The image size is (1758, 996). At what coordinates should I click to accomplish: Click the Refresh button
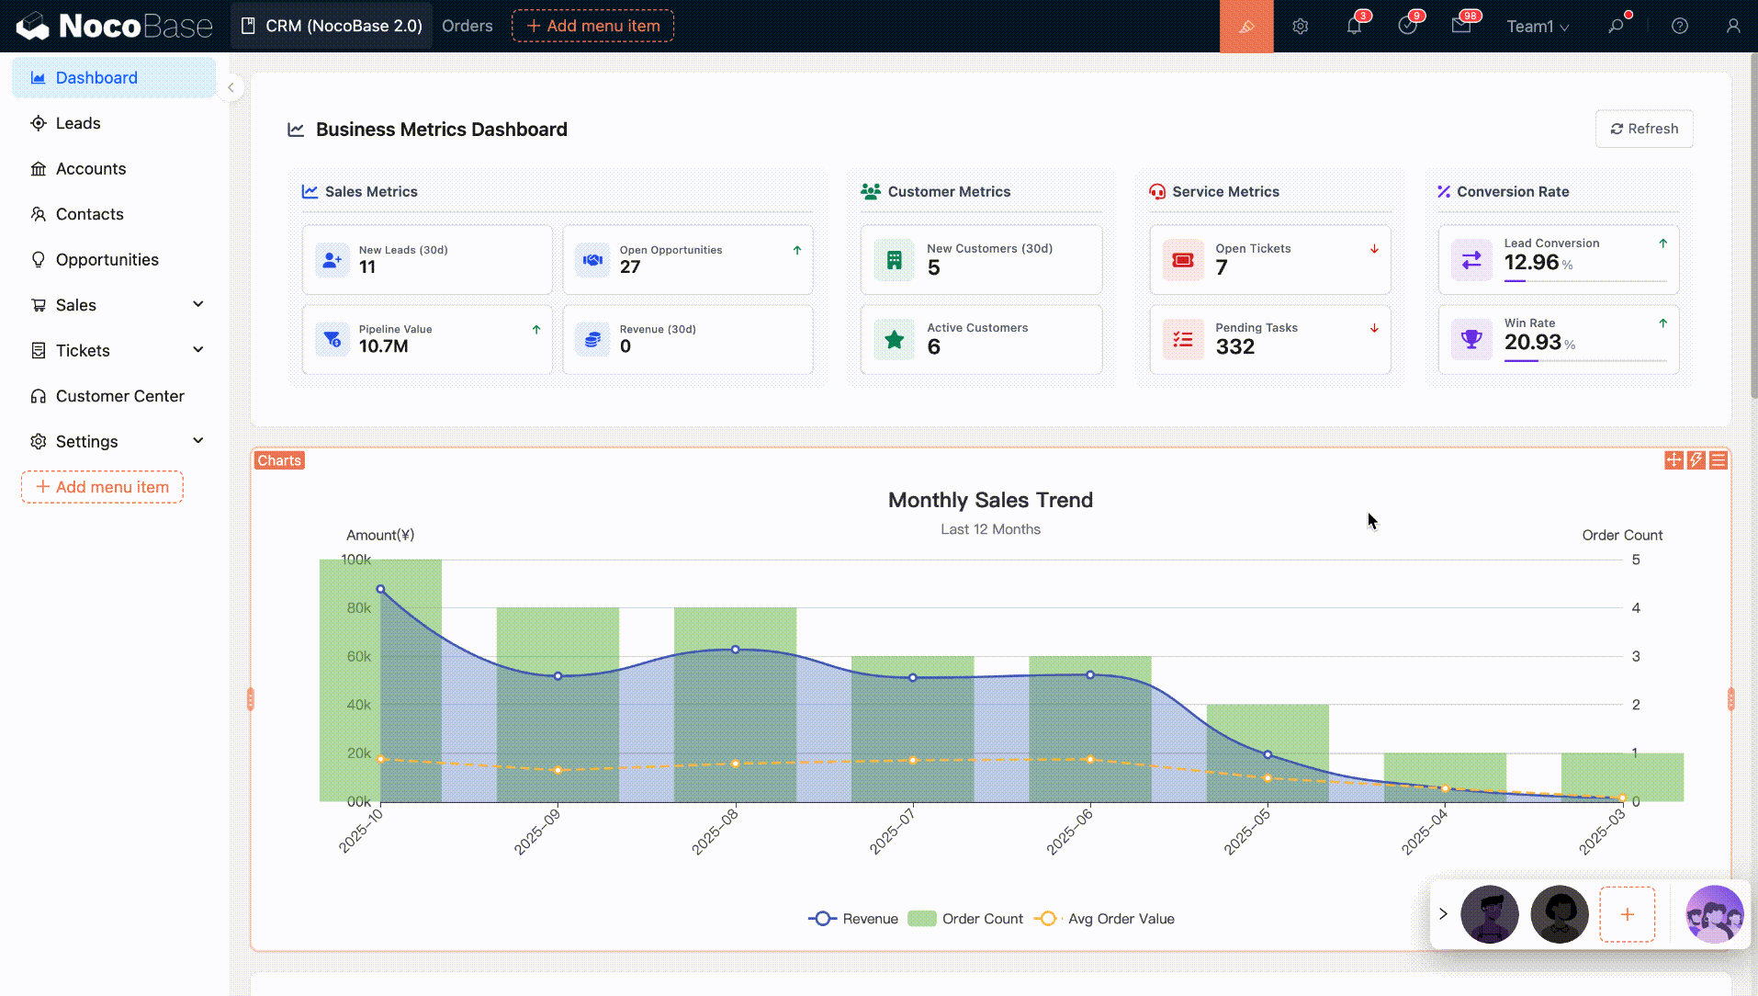pos(1643,129)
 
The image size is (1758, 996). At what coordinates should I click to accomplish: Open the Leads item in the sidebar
pos(78,123)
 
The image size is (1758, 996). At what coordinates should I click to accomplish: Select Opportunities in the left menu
pos(107,260)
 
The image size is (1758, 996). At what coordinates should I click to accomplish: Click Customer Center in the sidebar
pos(119,396)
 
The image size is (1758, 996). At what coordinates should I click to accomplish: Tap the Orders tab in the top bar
pos(467,26)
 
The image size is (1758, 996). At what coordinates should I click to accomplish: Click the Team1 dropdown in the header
pos(1537,27)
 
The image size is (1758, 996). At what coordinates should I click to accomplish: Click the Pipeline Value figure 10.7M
pos(383,346)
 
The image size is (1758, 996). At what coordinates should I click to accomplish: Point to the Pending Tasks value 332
pos(1234,347)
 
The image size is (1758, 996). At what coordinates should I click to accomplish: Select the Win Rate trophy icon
pos(1471,339)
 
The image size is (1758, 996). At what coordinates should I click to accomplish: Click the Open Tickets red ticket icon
pos(1182,260)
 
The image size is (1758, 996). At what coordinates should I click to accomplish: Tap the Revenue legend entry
pos(853,919)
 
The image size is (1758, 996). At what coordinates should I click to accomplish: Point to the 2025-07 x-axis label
pos(893,831)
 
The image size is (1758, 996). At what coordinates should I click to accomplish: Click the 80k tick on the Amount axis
pos(358,608)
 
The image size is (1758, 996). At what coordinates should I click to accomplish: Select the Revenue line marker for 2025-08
pos(735,650)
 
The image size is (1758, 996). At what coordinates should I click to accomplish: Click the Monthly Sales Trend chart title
pos(990,500)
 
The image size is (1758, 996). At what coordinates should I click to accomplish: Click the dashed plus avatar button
pos(1627,914)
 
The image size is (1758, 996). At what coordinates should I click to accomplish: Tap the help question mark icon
pos(1679,27)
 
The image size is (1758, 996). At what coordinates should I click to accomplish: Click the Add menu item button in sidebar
pos(102,487)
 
